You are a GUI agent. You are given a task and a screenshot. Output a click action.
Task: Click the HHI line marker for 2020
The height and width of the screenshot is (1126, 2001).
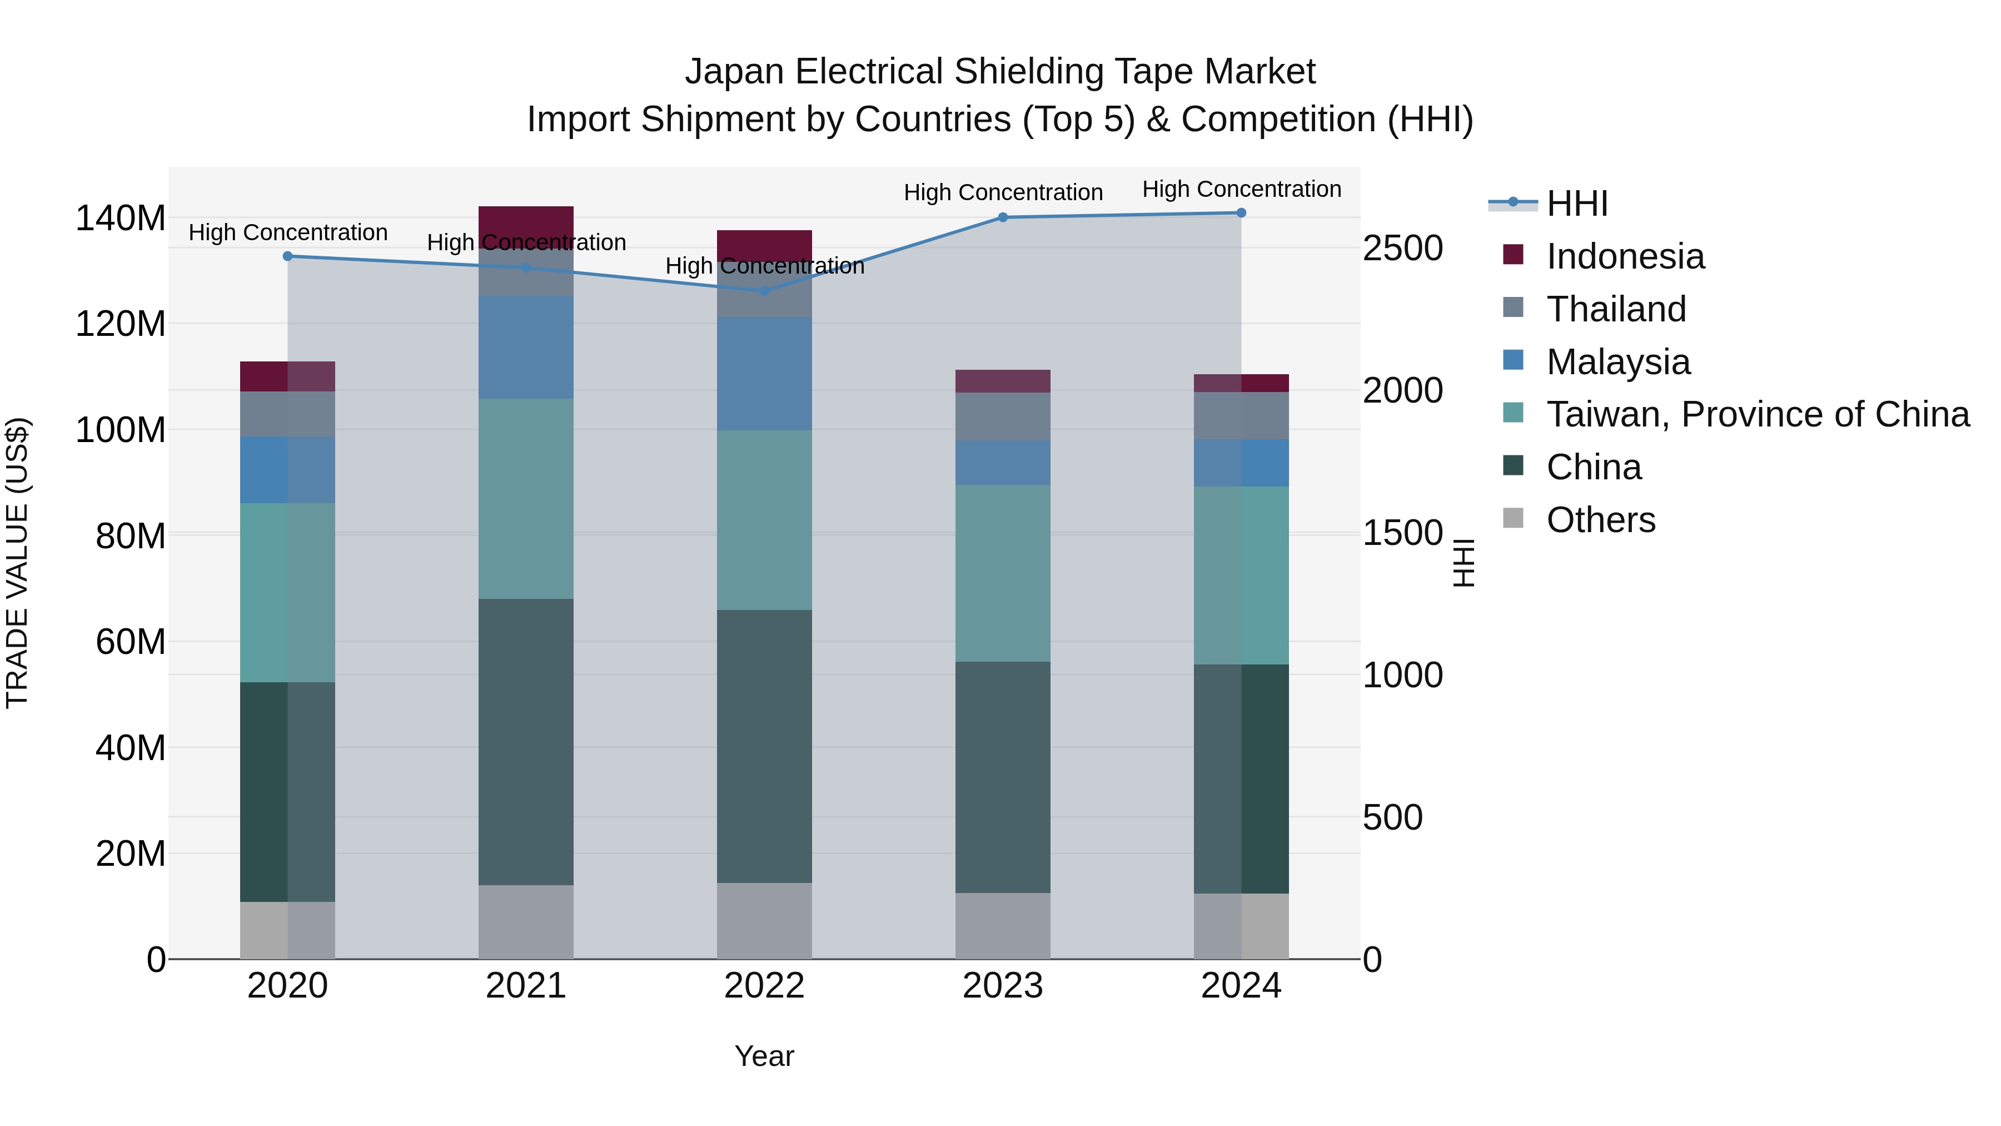(287, 256)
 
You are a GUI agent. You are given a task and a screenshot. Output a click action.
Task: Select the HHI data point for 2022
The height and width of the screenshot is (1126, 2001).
(764, 291)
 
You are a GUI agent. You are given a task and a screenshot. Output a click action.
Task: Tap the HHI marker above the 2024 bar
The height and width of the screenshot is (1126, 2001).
(1241, 213)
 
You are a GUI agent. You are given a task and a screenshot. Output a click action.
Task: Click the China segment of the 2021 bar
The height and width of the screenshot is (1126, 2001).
(526, 742)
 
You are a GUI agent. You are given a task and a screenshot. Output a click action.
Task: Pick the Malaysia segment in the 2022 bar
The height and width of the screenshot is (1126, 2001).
(764, 374)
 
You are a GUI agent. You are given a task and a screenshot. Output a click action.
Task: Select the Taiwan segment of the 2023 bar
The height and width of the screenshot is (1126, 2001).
(1003, 573)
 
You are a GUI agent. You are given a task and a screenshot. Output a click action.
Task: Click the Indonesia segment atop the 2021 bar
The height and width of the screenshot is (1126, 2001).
(526, 223)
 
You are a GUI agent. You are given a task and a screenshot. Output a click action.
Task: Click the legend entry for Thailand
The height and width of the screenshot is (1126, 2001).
(1616, 309)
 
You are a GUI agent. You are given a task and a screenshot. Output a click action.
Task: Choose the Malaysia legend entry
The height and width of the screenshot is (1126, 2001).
(1617, 362)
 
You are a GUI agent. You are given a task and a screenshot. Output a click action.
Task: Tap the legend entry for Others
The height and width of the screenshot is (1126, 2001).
(1600, 520)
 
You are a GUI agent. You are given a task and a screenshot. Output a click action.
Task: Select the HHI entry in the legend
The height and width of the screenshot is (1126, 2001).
(1577, 204)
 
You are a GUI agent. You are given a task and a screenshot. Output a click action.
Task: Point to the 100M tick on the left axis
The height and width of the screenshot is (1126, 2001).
(121, 430)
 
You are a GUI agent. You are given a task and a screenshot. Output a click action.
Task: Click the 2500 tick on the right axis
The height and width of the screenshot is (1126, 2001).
(1403, 249)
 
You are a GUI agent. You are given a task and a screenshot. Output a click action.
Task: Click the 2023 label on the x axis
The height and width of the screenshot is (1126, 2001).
(1003, 986)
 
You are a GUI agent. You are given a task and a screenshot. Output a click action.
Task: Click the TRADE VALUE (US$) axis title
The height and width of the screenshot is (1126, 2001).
(18, 563)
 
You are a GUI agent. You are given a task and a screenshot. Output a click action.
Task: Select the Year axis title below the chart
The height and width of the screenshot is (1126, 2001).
(764, 1056)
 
